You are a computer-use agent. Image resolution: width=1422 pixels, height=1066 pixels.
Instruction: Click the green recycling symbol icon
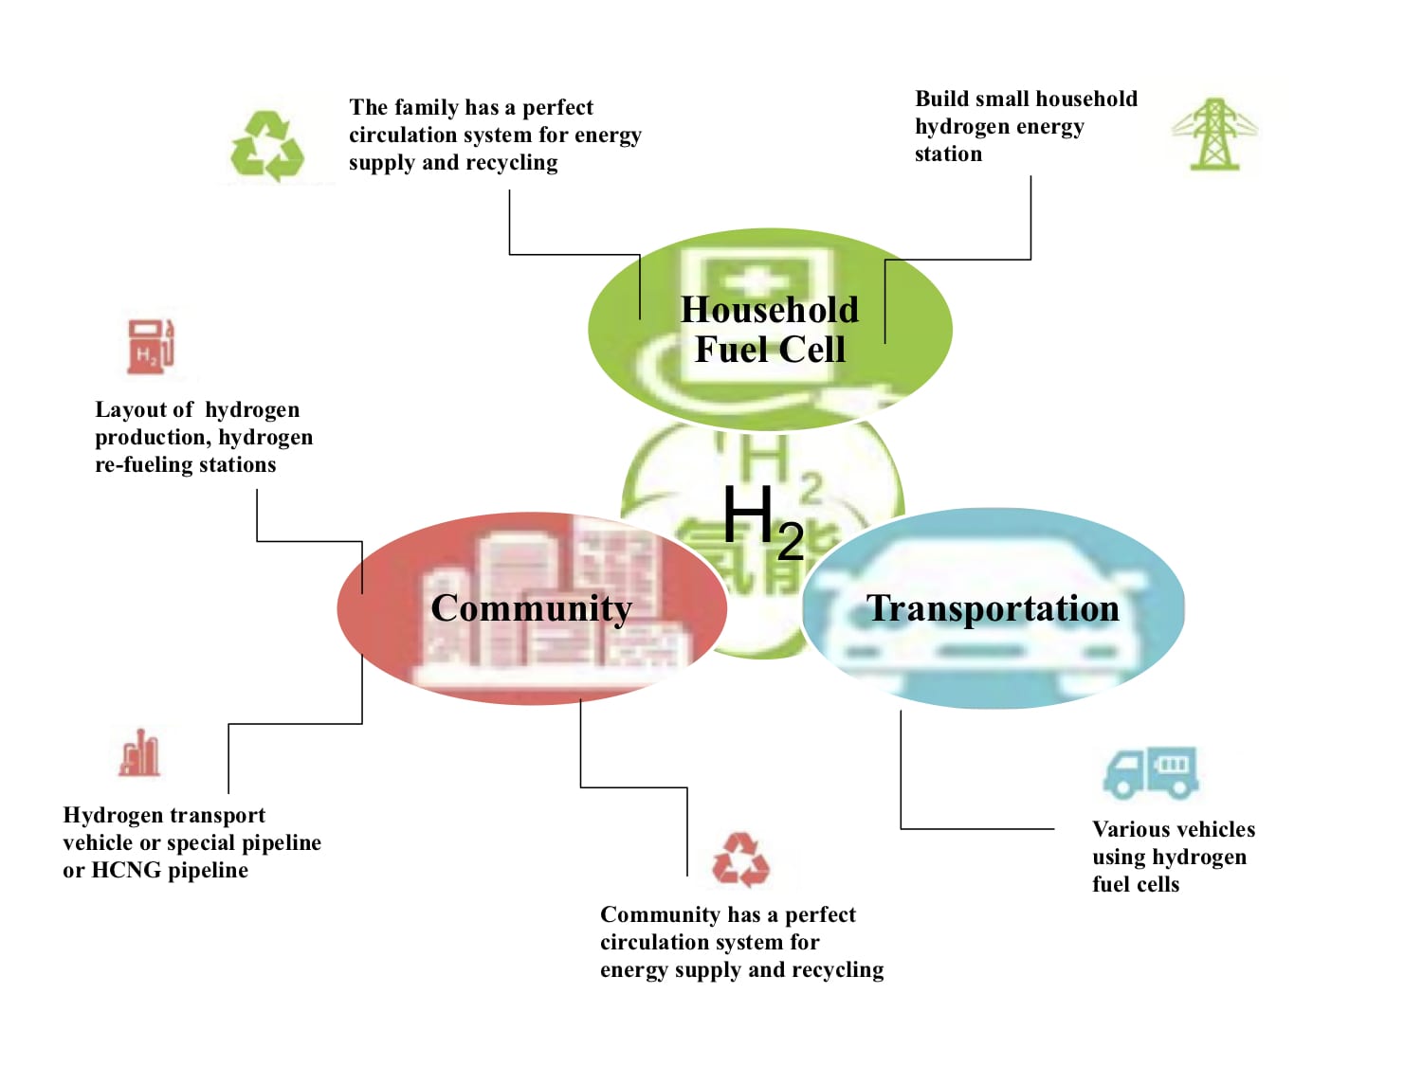tap(267, 146)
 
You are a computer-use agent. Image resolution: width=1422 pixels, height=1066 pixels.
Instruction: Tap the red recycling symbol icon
tap(740, 859)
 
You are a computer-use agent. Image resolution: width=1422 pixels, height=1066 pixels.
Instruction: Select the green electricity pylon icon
tap(1214, 134)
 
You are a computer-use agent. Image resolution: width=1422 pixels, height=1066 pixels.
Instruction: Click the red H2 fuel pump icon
tap(151, 346)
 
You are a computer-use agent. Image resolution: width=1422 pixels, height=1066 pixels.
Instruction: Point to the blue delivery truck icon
tap(1151, 773)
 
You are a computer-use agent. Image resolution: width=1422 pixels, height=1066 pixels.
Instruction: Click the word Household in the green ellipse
tap(770, 310)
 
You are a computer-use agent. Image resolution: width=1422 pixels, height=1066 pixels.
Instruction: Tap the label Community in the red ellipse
tap(531, 609)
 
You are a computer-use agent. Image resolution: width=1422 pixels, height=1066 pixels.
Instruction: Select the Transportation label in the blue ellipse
tap(993, 609)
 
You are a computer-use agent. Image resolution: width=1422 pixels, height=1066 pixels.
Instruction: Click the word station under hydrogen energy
tap(948, 154)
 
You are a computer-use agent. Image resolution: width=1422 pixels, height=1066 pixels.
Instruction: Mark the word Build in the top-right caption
tap(940, 99)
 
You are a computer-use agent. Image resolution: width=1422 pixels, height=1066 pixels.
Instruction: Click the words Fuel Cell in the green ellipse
tap(770, 350)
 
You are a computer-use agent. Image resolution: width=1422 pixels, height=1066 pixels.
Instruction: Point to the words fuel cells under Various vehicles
tap(1136, 884)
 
